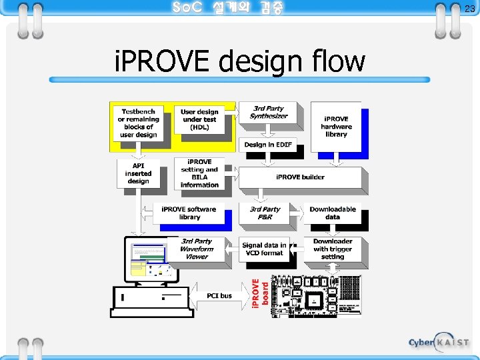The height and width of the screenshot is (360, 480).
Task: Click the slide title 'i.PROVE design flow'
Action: (240, 62)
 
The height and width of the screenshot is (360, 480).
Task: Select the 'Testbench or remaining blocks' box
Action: (138, 123)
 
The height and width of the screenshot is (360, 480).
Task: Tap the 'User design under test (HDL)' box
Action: (199, 120)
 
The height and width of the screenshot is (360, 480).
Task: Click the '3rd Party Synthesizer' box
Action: (269, 112)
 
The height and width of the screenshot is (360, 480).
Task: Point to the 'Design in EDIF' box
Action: (267, 145)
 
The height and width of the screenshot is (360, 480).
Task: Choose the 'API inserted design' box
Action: (138, 173)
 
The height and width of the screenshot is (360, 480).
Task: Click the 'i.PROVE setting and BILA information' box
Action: (199, 173)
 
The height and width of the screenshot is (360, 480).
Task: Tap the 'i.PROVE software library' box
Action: (189, 213)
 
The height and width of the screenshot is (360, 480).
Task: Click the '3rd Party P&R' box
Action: (265, 213)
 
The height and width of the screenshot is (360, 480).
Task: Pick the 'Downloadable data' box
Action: (333, 213)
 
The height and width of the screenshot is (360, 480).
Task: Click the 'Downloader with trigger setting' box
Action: (333, 249)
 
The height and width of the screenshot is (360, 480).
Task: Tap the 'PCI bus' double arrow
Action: (219, 295)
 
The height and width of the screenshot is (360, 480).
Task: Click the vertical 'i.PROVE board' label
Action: (259, 293)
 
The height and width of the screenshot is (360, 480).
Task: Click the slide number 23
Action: (469, 9)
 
